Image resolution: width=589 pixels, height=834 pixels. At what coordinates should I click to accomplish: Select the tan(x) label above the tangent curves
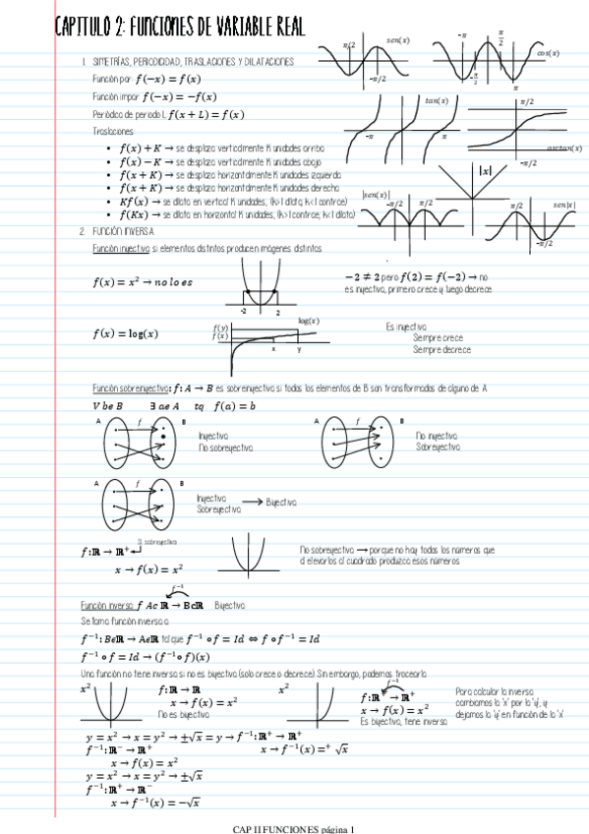pyautogui.click(x=437, y=100)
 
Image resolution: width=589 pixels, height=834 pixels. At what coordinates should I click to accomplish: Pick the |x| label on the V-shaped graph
pyautogui.click(x=483, y=169)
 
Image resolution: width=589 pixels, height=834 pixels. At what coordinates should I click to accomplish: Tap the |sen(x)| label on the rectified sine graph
pyautogui.click(x=376, y=195)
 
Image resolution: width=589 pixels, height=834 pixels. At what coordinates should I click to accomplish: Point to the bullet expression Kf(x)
pyautogui.click(x=133, y=200)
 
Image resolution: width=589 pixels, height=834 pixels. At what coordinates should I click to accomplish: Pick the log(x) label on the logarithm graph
pyautogui.click(x=309, y=321)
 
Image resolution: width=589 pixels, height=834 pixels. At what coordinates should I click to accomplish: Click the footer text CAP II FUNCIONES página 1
pyautogui.click(x=293, y=828)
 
